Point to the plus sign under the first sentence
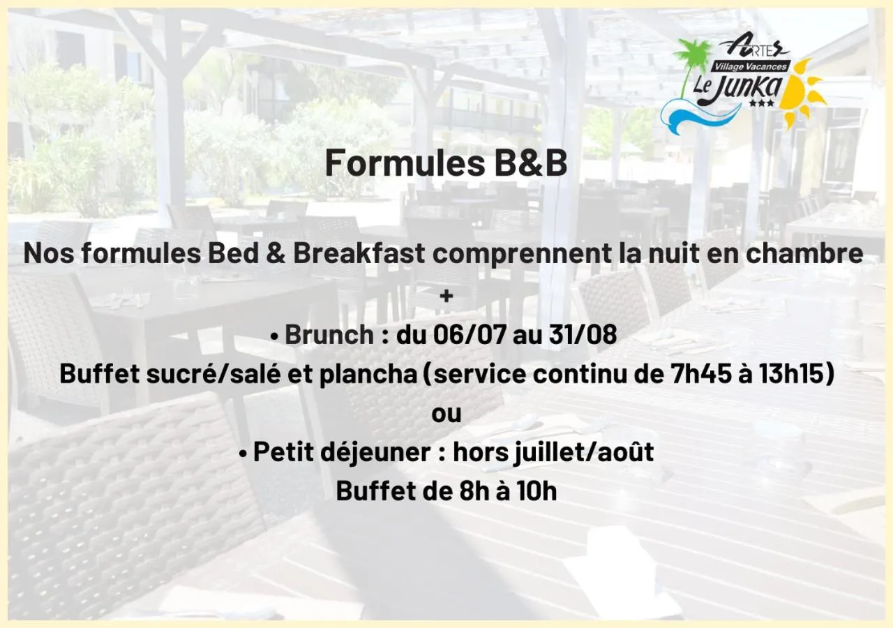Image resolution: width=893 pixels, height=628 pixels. point(446,296)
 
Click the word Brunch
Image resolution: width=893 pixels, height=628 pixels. point(329,335)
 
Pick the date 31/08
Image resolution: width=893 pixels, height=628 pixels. point(583,335)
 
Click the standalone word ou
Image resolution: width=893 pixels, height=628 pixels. point(446,414)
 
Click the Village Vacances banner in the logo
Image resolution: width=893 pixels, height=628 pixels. point(750,67)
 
